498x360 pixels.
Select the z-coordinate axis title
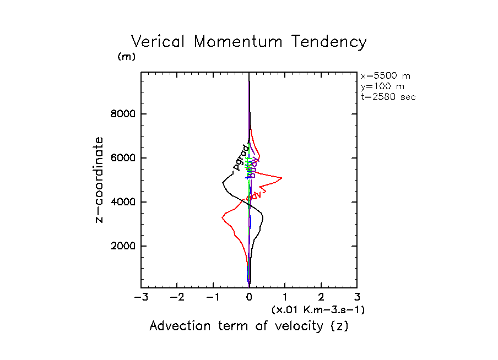100,180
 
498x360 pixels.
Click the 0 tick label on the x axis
250,297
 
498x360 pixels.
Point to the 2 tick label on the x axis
321,297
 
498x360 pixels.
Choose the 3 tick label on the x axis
357,297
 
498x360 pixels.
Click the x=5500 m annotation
386,76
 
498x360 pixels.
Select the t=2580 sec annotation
388,96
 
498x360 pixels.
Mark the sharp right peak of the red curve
282,178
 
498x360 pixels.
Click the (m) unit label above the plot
126,57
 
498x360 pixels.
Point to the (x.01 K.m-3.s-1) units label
318,310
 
